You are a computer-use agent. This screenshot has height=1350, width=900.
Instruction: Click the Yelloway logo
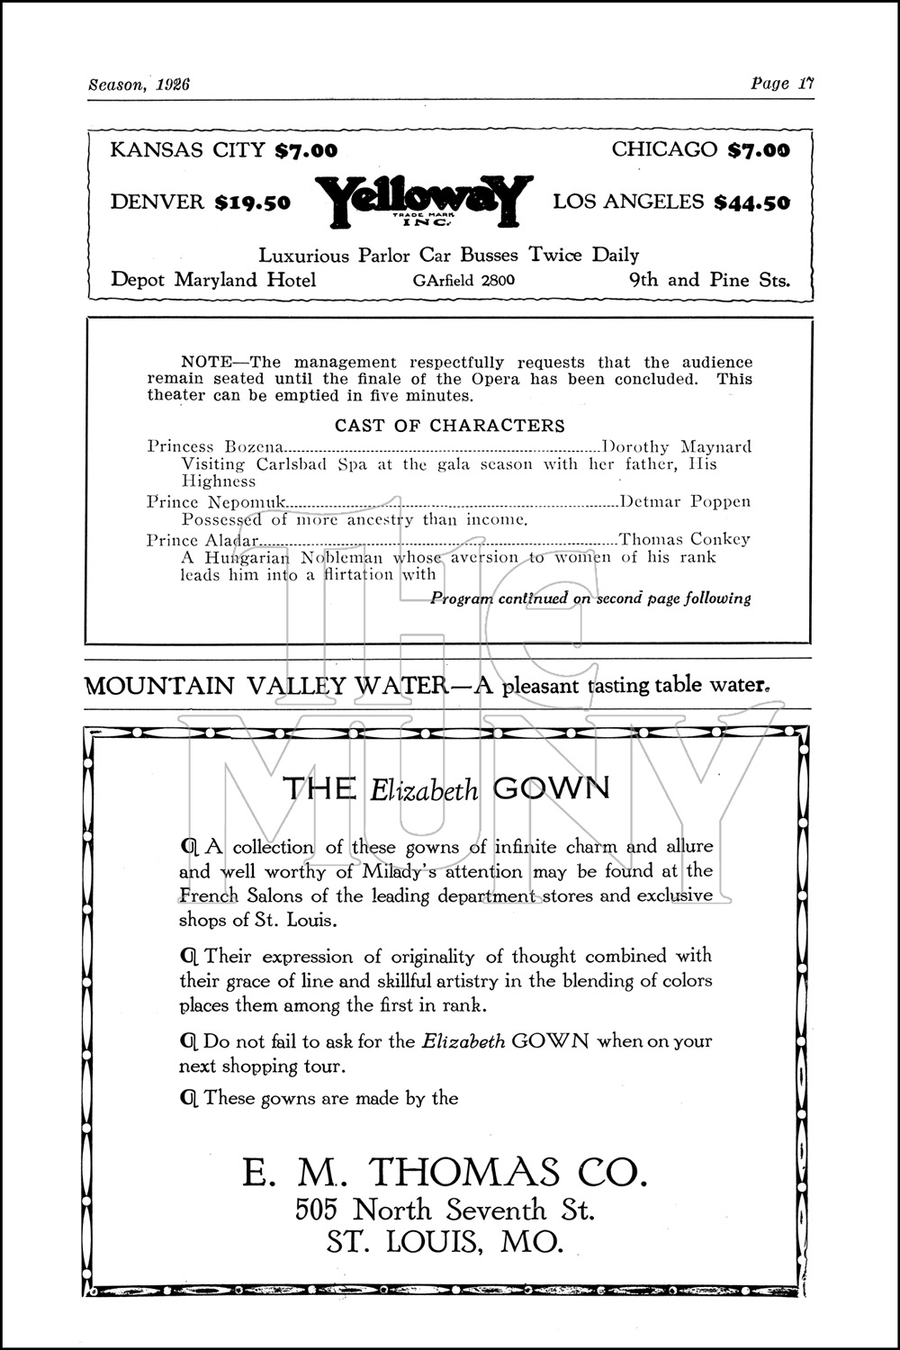coord(419,200)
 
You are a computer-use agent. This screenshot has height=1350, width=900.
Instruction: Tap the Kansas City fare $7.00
coord(306,150)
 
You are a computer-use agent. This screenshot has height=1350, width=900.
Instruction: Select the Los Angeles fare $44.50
coord(751,202)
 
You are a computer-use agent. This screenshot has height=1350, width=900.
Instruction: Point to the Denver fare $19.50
coord(253,202)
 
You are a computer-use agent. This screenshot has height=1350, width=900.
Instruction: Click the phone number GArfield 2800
coord(463,280)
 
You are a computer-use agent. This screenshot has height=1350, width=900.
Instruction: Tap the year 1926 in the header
coord(172,85)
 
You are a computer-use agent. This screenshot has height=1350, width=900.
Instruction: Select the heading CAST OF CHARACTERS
coord(450,426)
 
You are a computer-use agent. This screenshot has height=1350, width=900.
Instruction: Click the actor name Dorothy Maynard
coord(677,446)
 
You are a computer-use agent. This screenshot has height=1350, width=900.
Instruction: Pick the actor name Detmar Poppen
coord(686,501)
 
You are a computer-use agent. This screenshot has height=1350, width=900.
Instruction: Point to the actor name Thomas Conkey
coord(684,539)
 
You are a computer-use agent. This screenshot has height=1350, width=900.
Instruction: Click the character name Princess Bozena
coord(215,446)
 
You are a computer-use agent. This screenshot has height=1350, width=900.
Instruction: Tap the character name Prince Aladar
coord(202,540)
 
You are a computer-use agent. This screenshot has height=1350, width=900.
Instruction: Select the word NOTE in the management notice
coord(205,362)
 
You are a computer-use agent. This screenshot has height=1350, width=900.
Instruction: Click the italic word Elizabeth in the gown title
coord(424,790)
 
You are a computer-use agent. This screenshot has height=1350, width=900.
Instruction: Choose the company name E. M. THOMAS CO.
coord(444,1172)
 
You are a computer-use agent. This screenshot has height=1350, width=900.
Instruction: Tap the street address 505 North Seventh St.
coord(445,1209)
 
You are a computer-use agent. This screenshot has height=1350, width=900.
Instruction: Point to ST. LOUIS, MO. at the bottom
coord(445,1242)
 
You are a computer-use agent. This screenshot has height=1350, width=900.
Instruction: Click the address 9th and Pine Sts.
coord(708,280)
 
